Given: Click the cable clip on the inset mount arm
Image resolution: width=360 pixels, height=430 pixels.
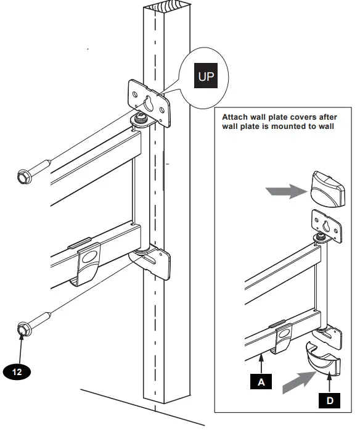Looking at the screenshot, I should click(x=284, y=333).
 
